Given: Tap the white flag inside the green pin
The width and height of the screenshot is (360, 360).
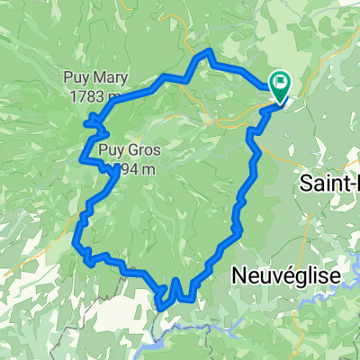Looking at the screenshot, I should [281, 85].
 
